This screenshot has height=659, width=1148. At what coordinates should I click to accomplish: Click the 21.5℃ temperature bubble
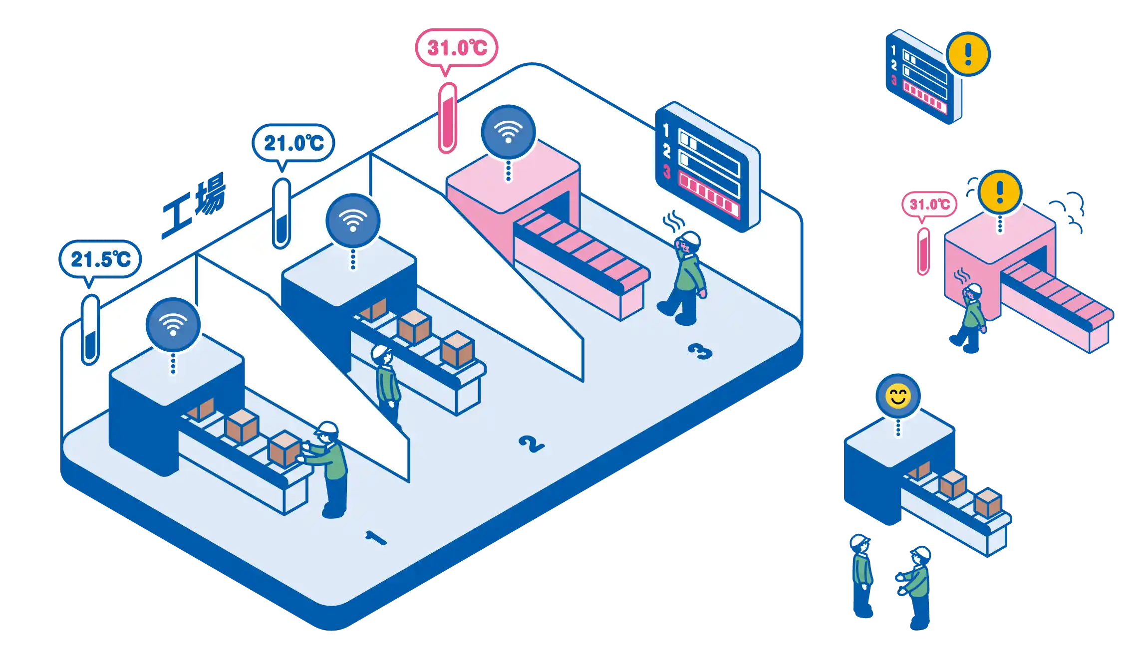(x=100, y=259)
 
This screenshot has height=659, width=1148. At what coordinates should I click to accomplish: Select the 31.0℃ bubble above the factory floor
(x=457, y=48)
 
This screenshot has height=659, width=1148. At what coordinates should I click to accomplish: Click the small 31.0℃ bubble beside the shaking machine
(x=929, y=205)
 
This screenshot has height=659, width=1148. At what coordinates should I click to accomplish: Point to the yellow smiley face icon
(x=898, y=397)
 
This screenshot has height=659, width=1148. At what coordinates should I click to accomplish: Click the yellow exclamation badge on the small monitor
(x=968, y=54)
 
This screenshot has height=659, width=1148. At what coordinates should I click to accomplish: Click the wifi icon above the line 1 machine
(x=173, y=325)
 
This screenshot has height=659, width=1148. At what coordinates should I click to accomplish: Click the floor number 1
(x=376, y=538)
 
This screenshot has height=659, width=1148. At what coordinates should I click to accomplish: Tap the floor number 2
(x=531, y=443)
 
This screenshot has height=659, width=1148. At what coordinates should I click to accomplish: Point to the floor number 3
(x=700, y=351)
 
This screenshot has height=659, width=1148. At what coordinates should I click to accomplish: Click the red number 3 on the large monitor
(x=667, y=171)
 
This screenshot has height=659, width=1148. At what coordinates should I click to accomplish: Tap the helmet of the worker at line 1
(x=327, y=429)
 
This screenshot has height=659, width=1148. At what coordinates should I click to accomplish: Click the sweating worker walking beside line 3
(x=686, y=279)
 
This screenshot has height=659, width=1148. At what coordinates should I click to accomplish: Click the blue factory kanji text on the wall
(x=194, y=206)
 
